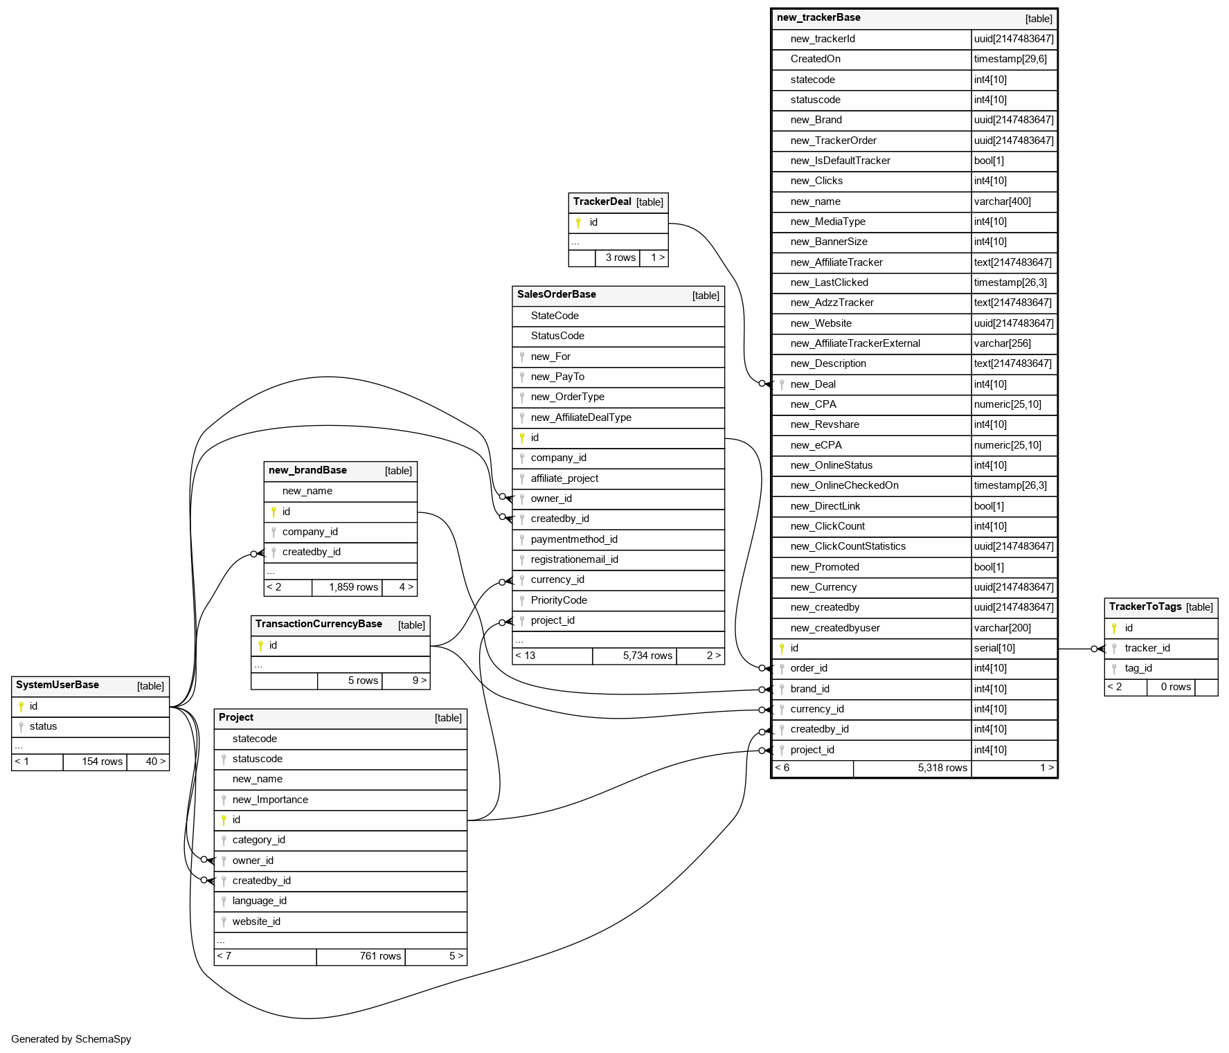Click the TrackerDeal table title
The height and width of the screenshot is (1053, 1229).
(602, 201)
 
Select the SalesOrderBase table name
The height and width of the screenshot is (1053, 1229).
(556, 294)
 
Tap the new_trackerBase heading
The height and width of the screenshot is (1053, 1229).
(818, 18)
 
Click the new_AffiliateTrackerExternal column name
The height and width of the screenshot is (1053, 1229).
(855, 343)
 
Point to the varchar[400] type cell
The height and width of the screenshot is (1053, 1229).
(1002, 201)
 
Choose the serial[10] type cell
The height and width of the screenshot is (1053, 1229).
(994, 648)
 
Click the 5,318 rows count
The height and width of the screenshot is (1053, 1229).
(942, 768)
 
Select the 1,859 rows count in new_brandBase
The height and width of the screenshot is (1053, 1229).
(353, 587)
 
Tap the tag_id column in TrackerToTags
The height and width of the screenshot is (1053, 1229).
(1138, 668)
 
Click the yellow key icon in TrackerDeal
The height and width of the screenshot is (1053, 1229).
(578, 223)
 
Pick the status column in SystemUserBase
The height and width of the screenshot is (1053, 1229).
(43, 726)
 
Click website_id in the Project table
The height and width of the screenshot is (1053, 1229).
(256, 921)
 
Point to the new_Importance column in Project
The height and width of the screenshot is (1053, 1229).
(270, 800)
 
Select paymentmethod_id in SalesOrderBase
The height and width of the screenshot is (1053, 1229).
(574, 539)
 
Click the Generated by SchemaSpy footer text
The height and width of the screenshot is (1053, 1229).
(71, 1039)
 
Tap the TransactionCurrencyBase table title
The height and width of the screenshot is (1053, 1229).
(319, 624)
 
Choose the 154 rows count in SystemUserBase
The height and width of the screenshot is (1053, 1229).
(102, 762)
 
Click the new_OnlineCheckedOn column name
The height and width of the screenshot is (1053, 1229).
(844, 485)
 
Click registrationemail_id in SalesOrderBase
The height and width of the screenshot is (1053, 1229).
(574, 559)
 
